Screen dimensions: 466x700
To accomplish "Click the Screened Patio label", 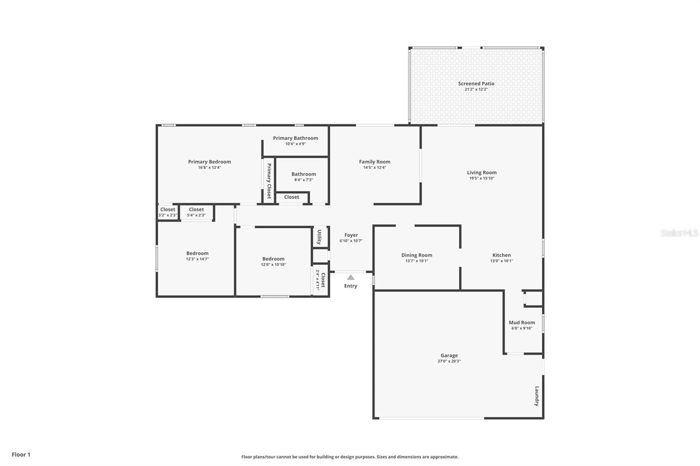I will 476,83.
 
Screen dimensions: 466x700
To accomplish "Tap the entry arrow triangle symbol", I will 350,277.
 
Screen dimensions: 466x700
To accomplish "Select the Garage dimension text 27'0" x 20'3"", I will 449,361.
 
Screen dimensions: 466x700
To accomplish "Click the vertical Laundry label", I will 537,396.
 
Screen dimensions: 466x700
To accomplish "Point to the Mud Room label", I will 521,323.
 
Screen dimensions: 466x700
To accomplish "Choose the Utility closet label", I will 319,237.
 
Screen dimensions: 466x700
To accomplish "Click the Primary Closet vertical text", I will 269,181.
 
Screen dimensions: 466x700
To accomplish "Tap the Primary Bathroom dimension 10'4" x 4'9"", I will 295,144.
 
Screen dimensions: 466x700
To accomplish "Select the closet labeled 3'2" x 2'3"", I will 168,212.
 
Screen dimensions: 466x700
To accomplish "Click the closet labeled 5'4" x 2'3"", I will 196,212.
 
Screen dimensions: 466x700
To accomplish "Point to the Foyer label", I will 351,235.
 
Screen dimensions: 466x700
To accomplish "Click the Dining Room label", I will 416,255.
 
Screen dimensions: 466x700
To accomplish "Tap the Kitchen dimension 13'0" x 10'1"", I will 501,261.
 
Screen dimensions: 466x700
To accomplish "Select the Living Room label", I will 481,173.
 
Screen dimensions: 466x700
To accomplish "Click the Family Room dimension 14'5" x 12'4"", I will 374,167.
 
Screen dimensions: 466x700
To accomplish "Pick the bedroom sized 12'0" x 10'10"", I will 273,261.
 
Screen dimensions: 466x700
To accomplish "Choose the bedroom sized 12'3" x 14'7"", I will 197,256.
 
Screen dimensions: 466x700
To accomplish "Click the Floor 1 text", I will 21,455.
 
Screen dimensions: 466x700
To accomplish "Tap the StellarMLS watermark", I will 679,233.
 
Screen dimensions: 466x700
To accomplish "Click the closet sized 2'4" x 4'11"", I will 321,280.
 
